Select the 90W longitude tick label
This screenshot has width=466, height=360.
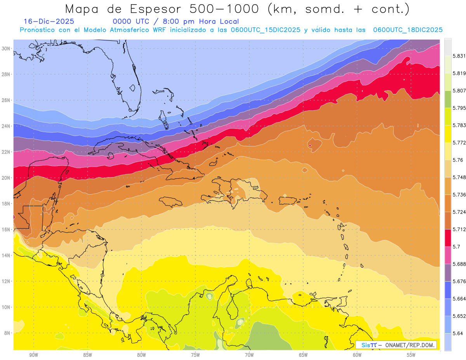(33, 355)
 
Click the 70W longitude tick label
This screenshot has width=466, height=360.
(249, 355)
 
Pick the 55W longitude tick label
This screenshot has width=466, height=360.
(411, 355)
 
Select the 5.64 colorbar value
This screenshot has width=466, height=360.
(457, 333)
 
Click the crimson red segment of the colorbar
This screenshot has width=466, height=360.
(448, 238)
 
